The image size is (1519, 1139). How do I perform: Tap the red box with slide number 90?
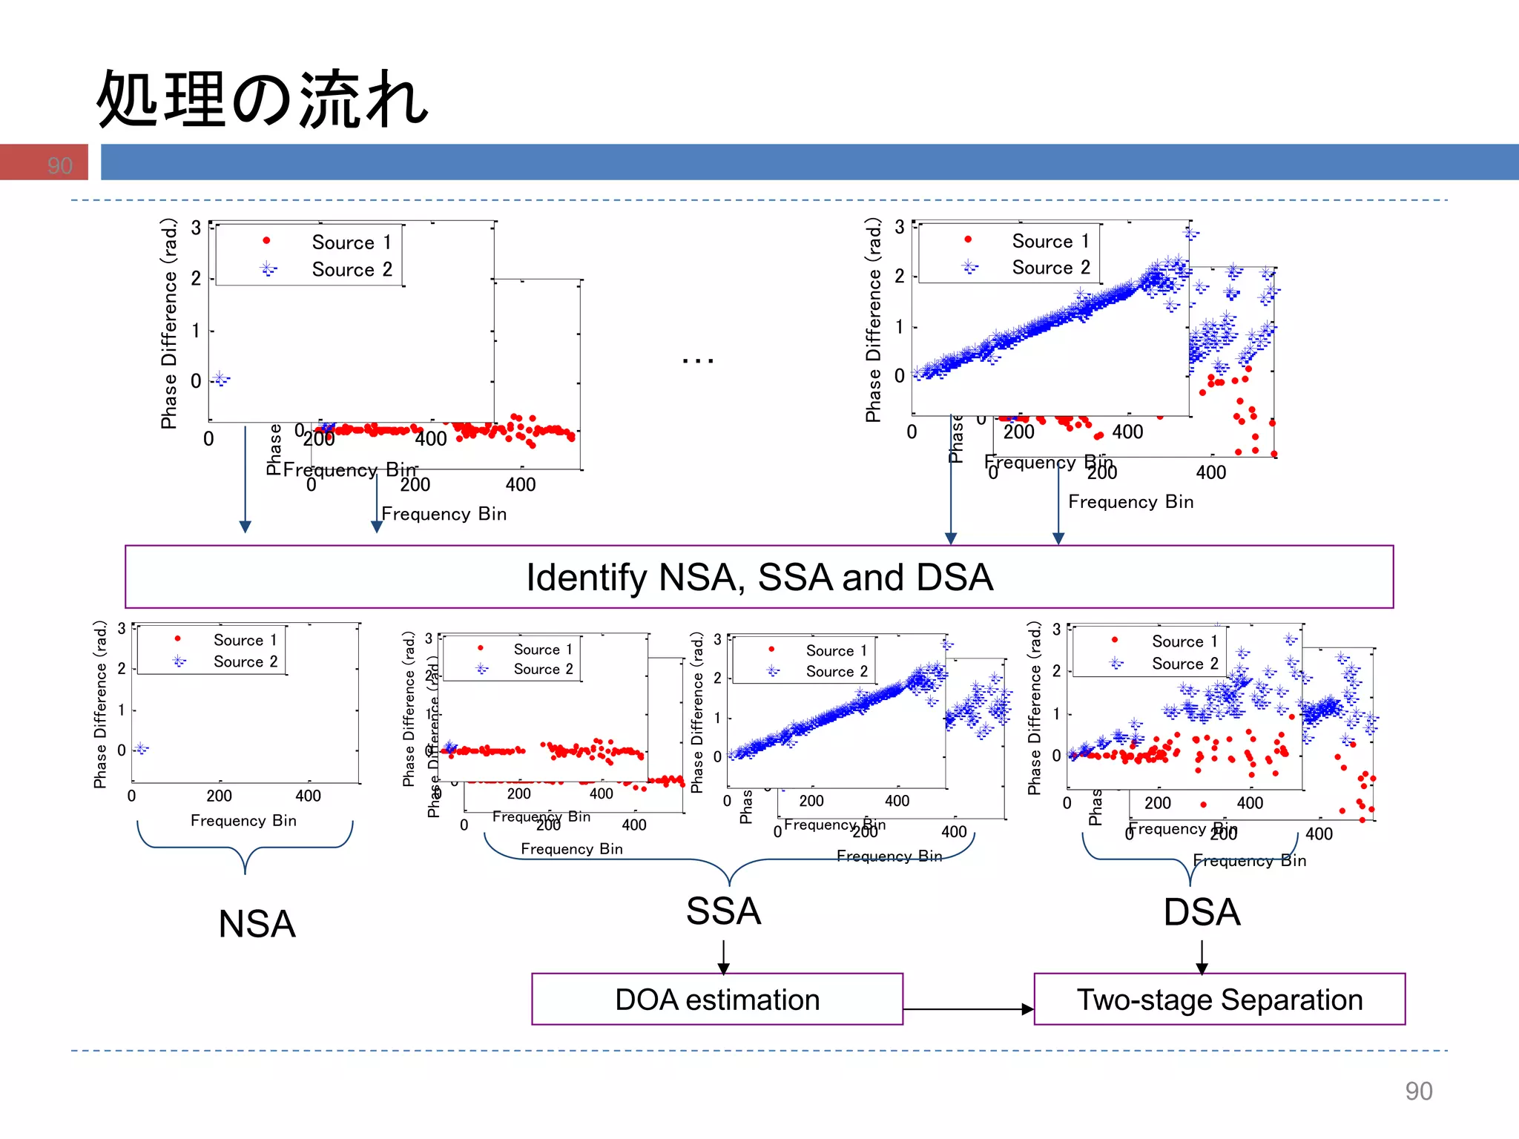pos(44,162)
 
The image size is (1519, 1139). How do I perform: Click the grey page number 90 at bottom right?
pos(1418,1091)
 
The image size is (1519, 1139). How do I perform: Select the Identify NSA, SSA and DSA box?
pos(759,577)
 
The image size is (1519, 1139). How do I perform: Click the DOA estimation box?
pos(716,999)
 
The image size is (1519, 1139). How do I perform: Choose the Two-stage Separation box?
pos(1219,999)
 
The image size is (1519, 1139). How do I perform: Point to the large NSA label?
pos(257,924)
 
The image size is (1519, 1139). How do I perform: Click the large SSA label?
pos(723,911)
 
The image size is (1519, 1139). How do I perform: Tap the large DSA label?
pos(1202,912)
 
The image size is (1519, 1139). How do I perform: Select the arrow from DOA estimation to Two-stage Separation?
pos(968,1008)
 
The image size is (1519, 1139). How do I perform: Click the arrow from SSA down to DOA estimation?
pos(723,957)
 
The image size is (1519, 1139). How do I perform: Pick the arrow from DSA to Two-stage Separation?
pos(1202,957)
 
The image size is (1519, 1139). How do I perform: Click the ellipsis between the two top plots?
pos(697,361)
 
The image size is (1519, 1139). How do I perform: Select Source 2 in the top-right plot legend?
pos(1050,268)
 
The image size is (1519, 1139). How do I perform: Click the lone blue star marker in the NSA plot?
pos(141,749)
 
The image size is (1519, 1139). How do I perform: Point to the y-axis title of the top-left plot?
pos(169,323)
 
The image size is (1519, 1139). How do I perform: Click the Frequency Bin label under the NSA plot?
pos(243,820)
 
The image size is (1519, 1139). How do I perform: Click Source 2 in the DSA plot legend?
pos(1184,664)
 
